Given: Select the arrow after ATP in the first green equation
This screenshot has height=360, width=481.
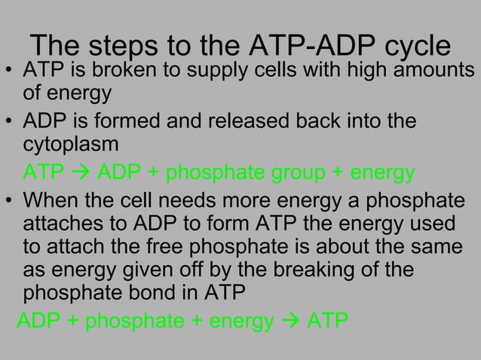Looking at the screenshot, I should coord(78,172).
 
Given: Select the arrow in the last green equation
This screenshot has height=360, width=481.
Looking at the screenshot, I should coord(290,322).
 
